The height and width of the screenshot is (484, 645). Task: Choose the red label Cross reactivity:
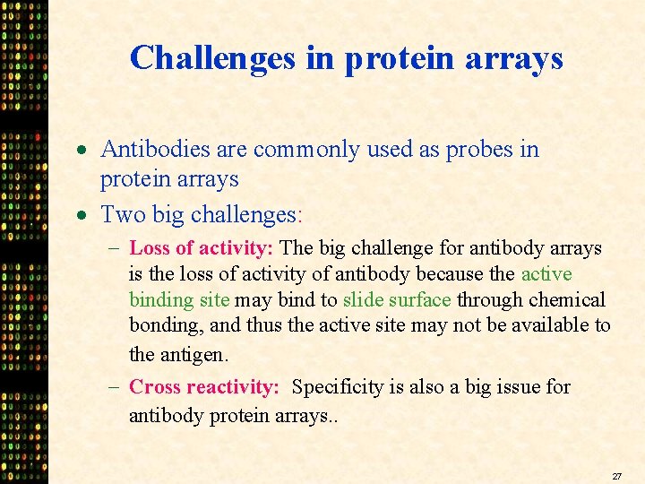pos(204,387)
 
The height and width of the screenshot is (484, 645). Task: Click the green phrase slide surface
pos(397,299)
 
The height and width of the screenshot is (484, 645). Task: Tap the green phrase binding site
pos(179,299)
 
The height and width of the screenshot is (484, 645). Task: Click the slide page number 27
pos(616,476)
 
